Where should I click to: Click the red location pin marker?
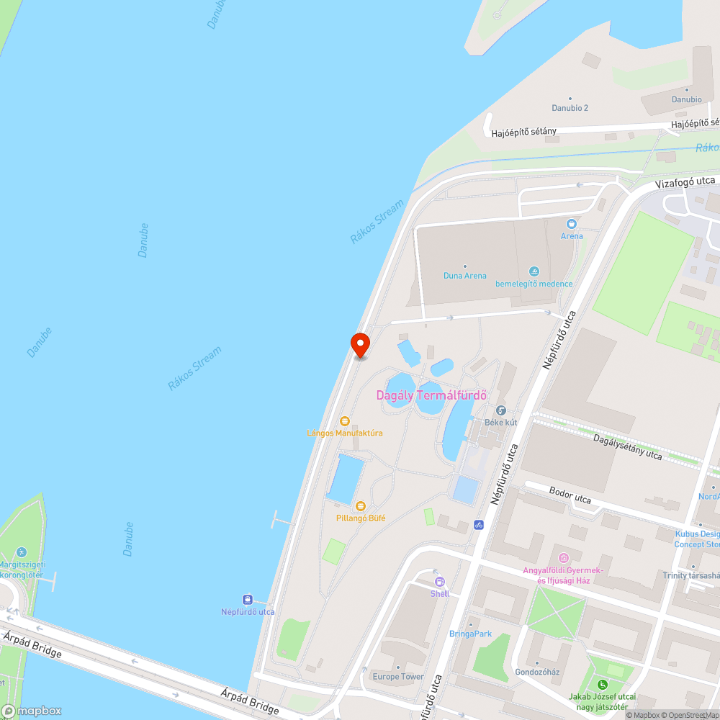coord(359,344)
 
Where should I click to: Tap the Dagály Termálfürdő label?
coord(432,395)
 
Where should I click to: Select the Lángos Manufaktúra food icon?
coord(345,421)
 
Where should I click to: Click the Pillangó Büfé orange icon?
coord(361,506)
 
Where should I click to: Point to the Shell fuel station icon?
coord(440,582)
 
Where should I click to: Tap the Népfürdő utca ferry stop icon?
coord(248,600)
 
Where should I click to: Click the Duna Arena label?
coord(464,276)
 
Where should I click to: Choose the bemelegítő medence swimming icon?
coord(534,271)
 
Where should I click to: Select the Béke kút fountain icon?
coord(501,410)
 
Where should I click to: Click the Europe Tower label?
coord(398,677)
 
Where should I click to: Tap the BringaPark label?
coord(470,634)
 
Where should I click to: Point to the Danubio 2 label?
coord(570,108)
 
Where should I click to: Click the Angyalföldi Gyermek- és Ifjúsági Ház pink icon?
coord(563,558)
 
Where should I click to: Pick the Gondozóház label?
coord(538,672)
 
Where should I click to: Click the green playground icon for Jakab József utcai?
coord(602,684)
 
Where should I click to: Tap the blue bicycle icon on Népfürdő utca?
coord(479,525)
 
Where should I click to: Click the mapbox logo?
coord(32,711)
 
